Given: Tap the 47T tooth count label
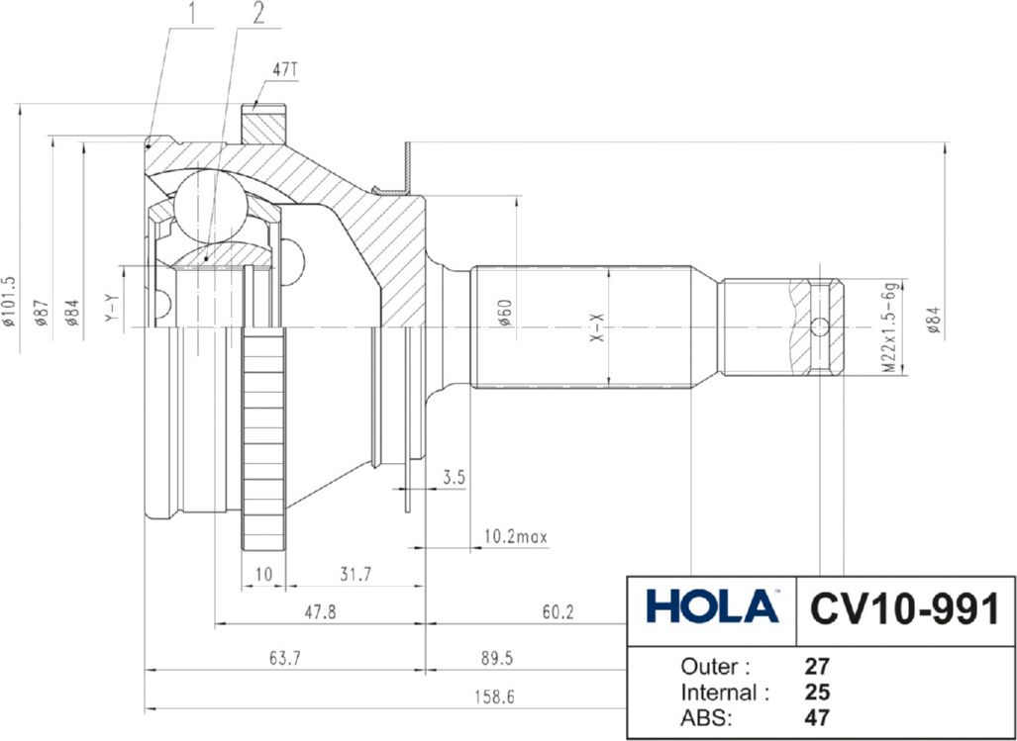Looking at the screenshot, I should tap(285, 71).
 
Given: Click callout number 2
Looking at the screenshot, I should tap(257, 13).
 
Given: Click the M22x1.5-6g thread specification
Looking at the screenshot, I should tap(890, 326).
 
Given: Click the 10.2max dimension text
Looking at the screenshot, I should tap(515, 536).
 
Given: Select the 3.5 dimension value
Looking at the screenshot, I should tap(454, 477).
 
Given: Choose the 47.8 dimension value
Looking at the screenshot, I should tap(318, 612).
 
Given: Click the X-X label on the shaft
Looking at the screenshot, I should tap(596, 327).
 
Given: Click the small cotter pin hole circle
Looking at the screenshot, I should tap(819, 327).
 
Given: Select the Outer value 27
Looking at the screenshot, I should tap(818, 665).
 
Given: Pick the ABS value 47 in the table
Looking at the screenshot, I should tap(818, 717).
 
